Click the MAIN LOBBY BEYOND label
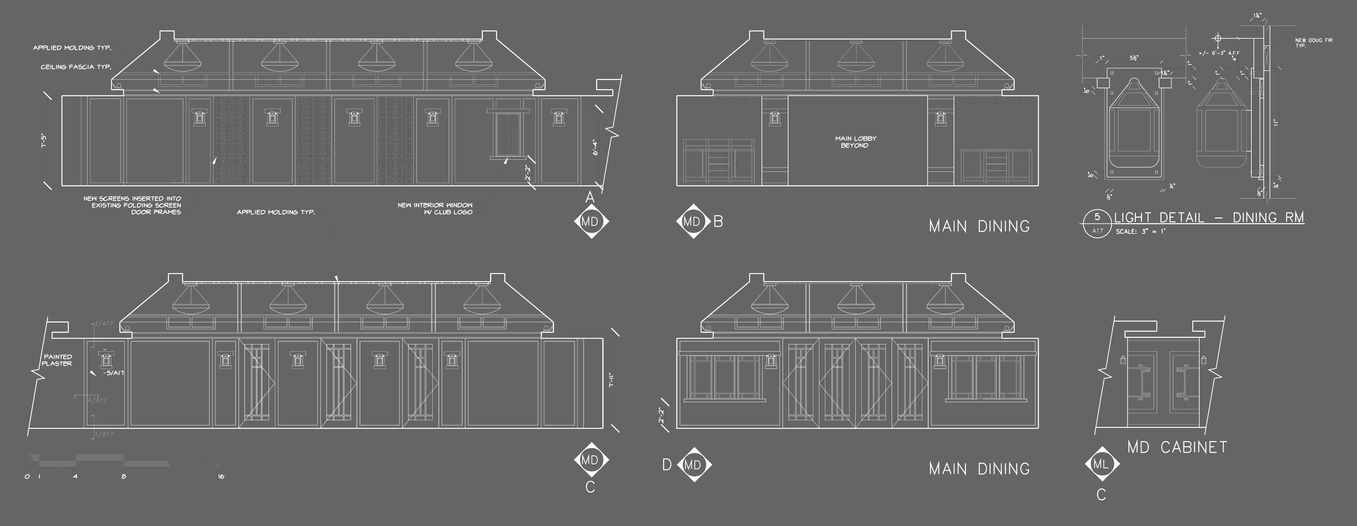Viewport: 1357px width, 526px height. point(855,142)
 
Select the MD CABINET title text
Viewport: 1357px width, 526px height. point(1177,447)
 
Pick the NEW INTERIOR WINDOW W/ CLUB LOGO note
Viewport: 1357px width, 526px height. point(435,208)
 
